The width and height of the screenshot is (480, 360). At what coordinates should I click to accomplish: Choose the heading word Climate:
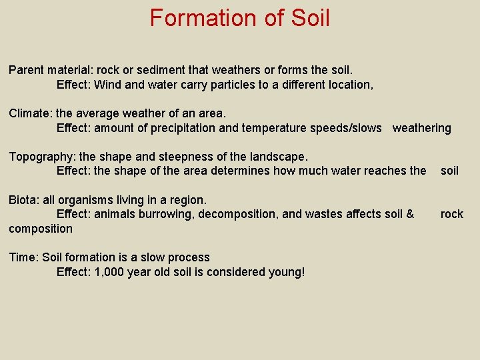point(31,113)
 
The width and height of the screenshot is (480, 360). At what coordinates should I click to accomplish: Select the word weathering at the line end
point(421,128)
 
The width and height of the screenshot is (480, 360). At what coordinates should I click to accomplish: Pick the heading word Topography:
point(42,157)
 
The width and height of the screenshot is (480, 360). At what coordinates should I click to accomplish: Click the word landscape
point(278,157)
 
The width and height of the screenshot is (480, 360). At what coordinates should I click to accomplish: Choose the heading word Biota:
point(24,199)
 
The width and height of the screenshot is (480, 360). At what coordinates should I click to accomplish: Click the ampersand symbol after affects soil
point(410,214)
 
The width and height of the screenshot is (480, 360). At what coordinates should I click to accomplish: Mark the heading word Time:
point(24,257)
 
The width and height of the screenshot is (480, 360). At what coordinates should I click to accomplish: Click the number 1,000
point(111,272)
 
